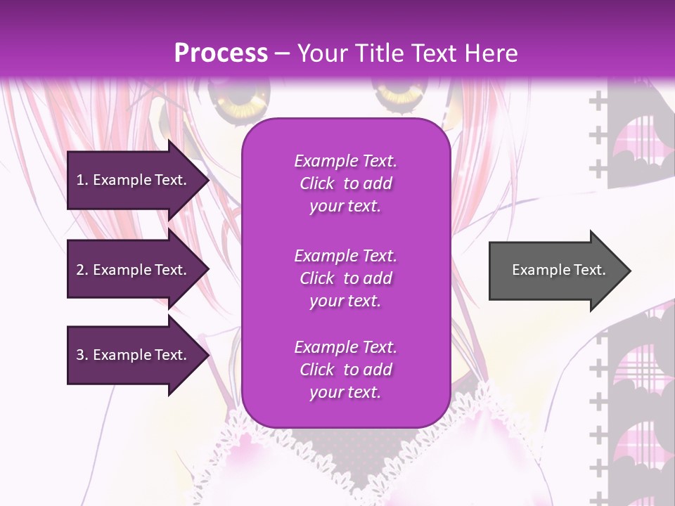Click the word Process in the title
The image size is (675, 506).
pos(221,53)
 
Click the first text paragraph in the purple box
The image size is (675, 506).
pos(345,183)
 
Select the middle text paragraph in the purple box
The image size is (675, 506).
pos(345,278)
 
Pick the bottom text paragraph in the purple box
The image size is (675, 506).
pos(345,370)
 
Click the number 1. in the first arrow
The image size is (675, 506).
pos(82,180)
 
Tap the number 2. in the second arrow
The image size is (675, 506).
pos(82,270)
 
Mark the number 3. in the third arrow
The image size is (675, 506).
pos(82,355)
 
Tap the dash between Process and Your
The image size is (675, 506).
pos(283,53)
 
